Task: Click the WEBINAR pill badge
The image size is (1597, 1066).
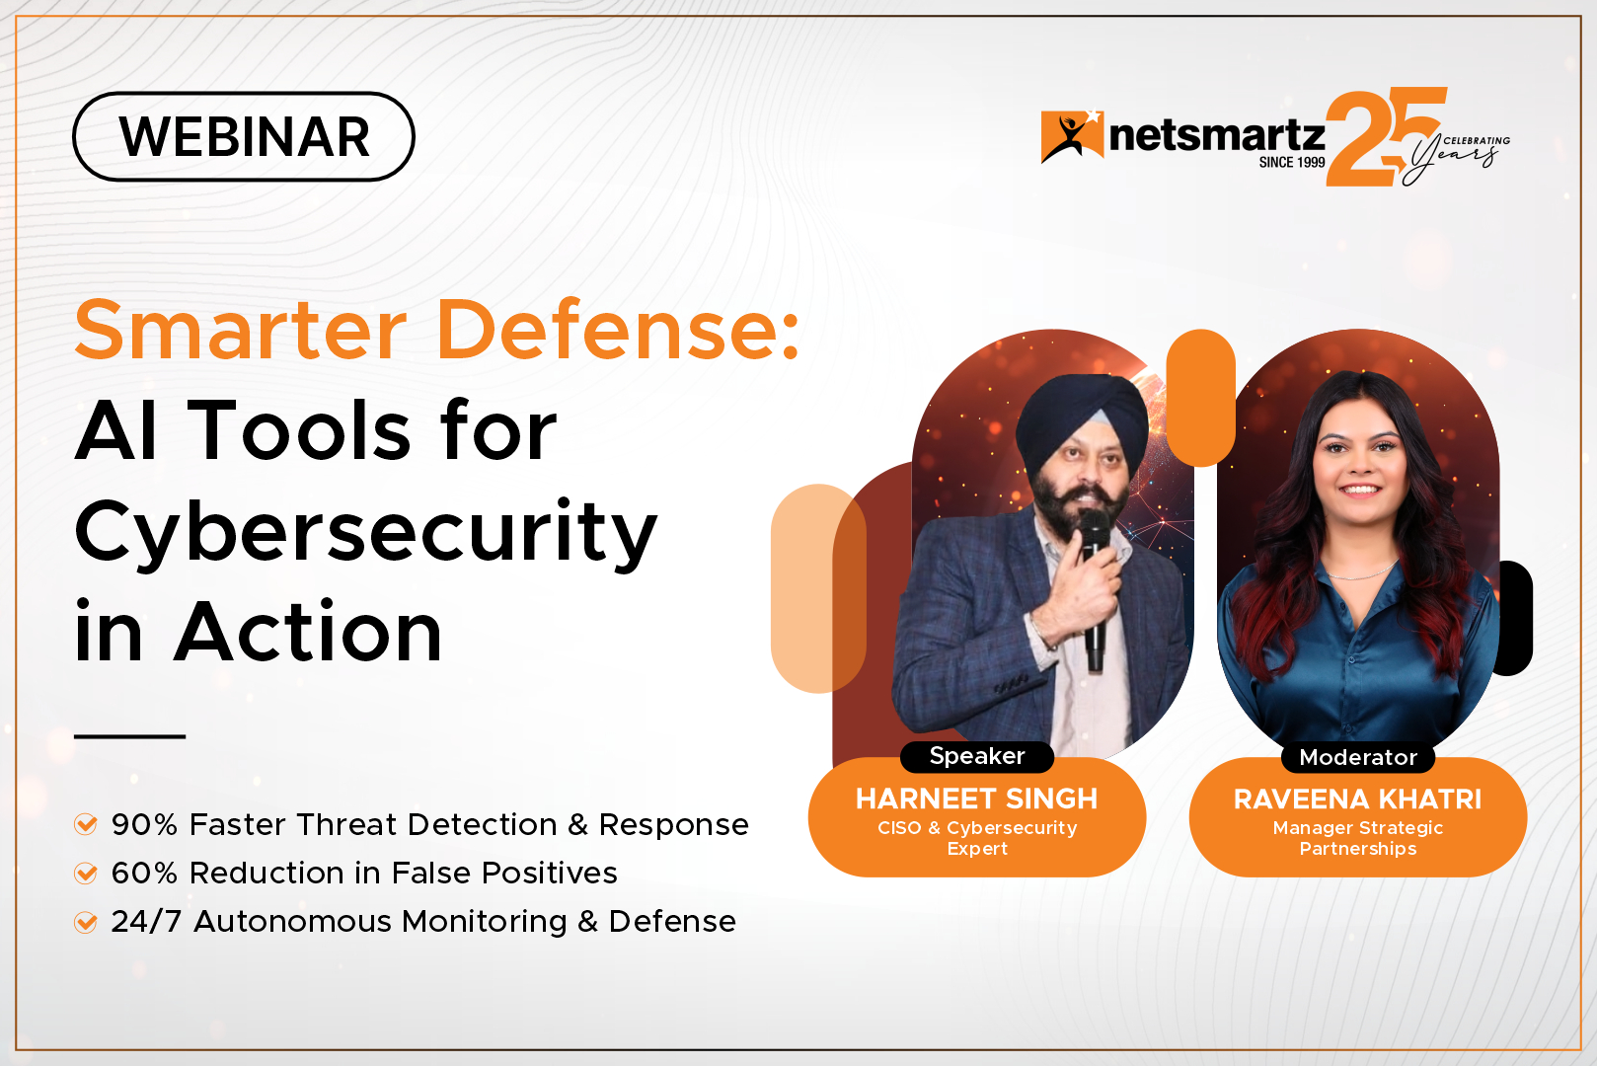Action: pyautogui.click(x=244, y=136)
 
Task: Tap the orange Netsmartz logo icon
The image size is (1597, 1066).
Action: pyautogui.click(x=1071, y=136)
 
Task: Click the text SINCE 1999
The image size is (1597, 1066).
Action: pyautogui.click(x=1291, y=163)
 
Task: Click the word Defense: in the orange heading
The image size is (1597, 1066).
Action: pyautogui.click(x=617, y=330)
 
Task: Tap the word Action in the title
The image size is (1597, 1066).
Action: pyautogui.click(x=308, y=632)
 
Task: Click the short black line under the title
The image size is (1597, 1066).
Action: pyautogui.click(x=129, y=736)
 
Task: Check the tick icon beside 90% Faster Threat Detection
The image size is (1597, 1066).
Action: pyautogui.click(x=86, y=824)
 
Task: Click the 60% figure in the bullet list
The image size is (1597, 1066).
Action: pyautogui.click(x=144, y=873)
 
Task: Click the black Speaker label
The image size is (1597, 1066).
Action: pyautogui.click(x=977, y=756)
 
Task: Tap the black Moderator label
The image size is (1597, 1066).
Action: pyautogui.click(x=1357, y=757)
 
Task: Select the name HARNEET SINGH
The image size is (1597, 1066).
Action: pyautogui.click(x=976, y=799)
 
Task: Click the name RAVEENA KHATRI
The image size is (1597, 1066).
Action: pyautogui.click(x=1357, y=799)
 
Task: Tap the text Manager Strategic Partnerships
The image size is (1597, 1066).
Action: pyautogui.click(x=1357, y=838)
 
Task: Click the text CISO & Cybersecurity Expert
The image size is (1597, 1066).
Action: pyautogui.click(x=977, y=838)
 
